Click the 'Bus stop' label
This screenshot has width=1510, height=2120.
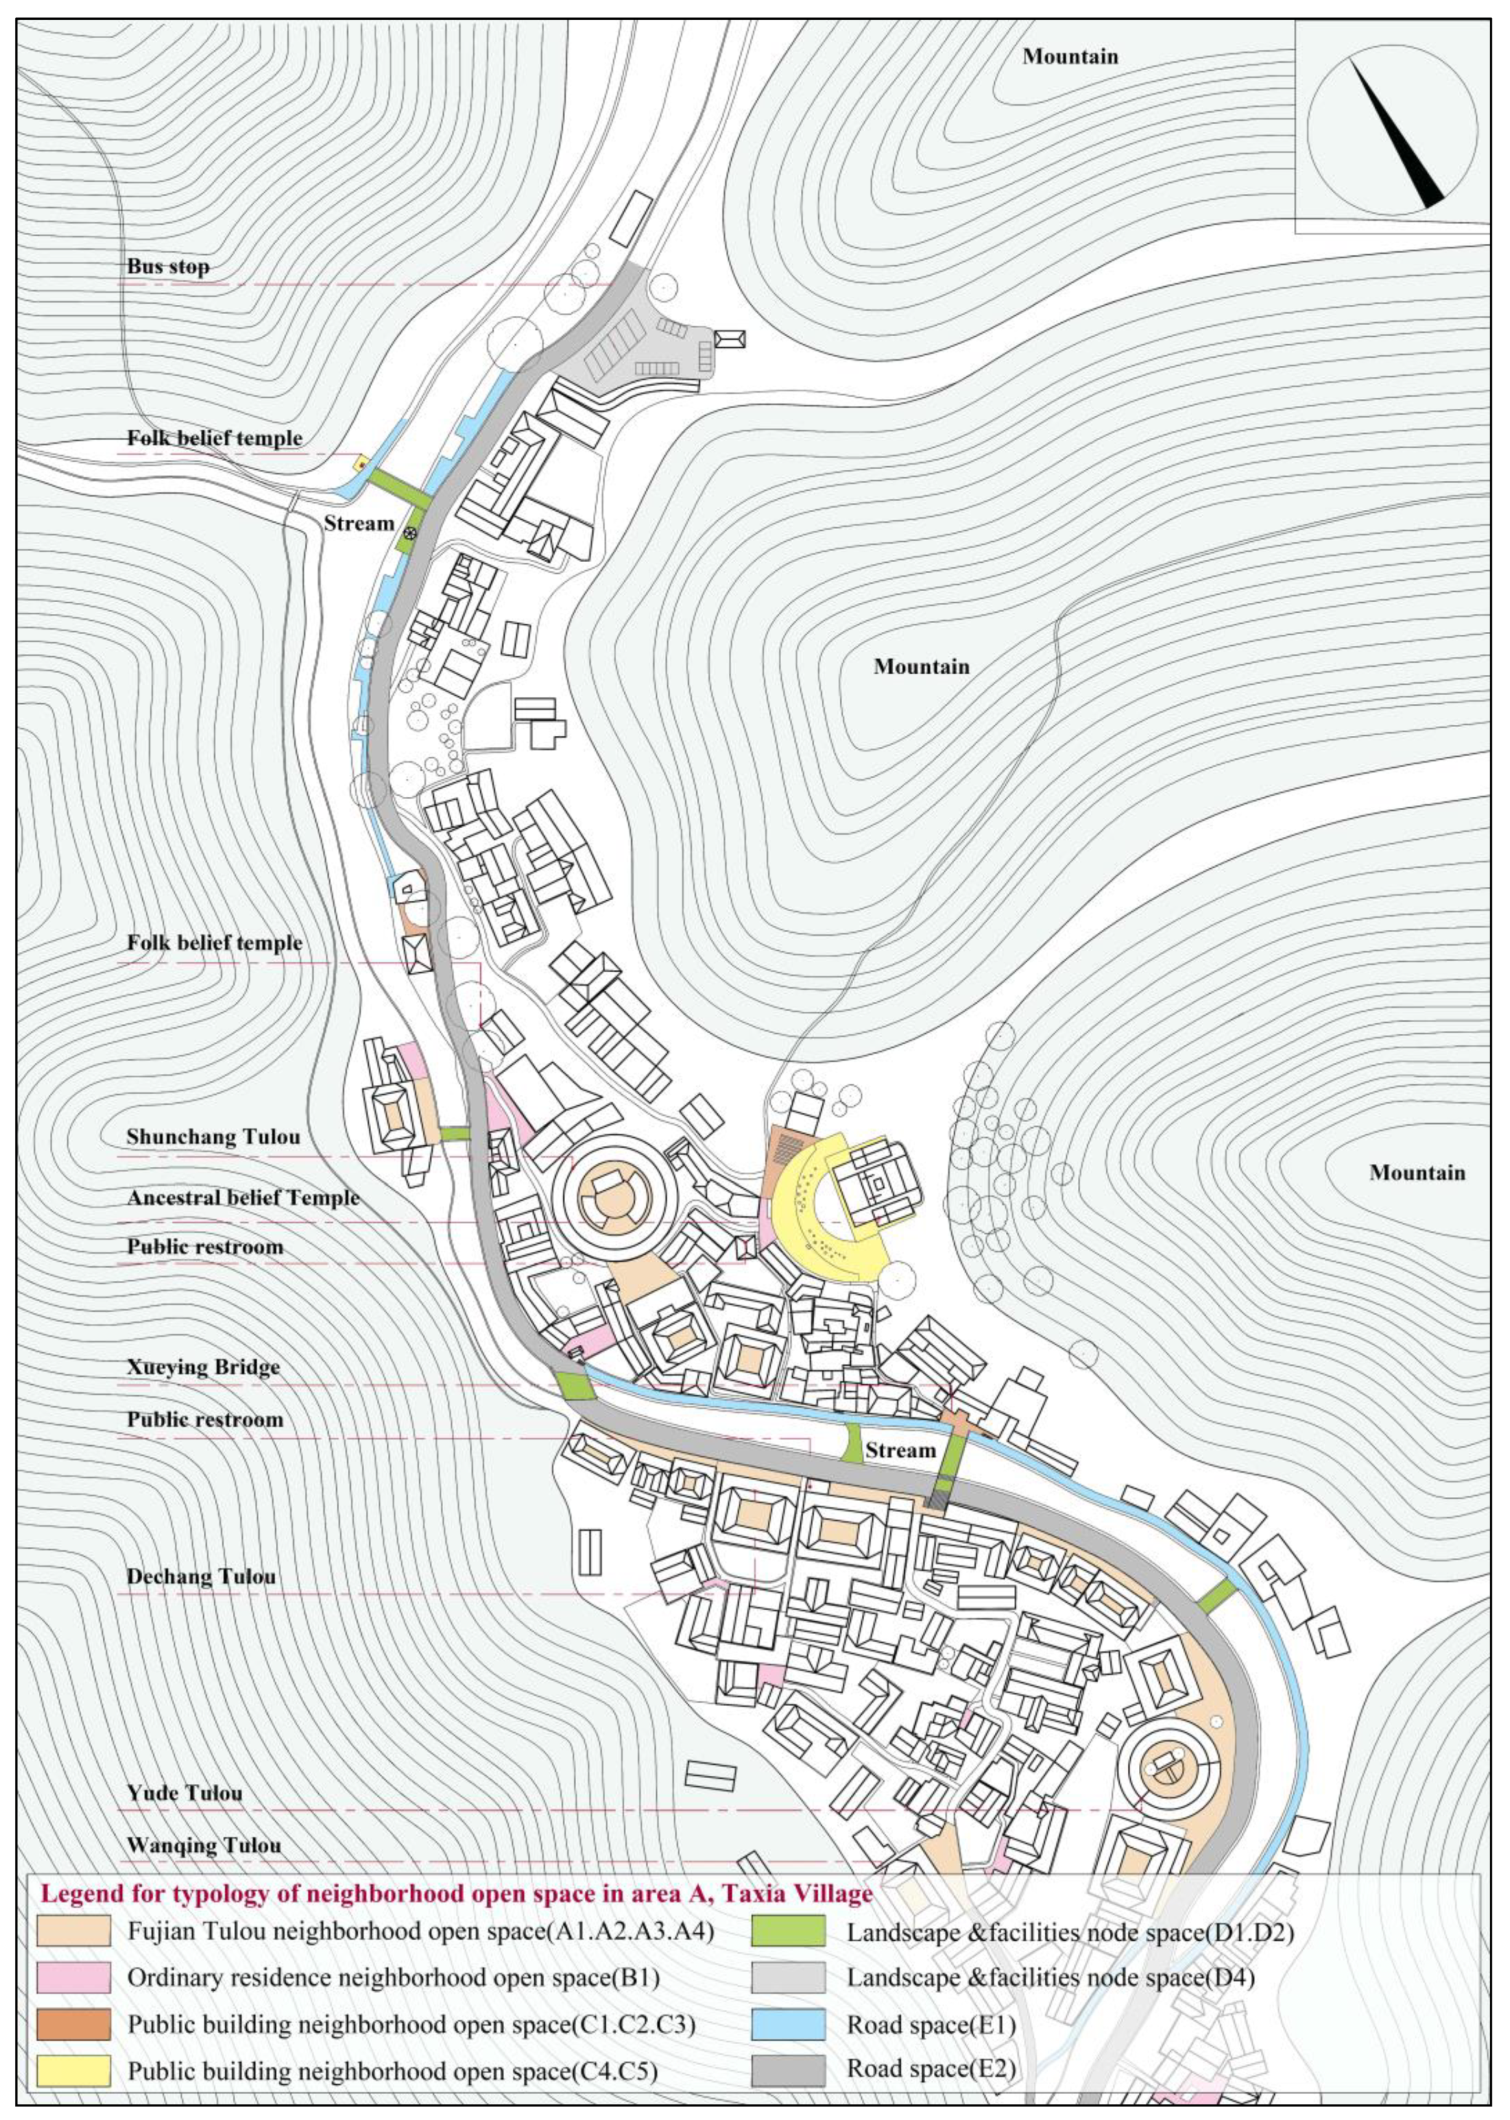point(168,267)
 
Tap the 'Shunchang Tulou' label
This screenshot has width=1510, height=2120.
point(213,1136)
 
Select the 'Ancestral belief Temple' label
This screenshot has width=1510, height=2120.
point(243,1198)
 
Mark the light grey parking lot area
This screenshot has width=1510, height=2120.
point(641,344)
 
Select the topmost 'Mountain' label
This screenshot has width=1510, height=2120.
point(1070,57)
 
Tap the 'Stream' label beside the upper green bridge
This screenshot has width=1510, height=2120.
point(359,523)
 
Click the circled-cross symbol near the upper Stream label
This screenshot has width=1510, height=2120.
point(409,534)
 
